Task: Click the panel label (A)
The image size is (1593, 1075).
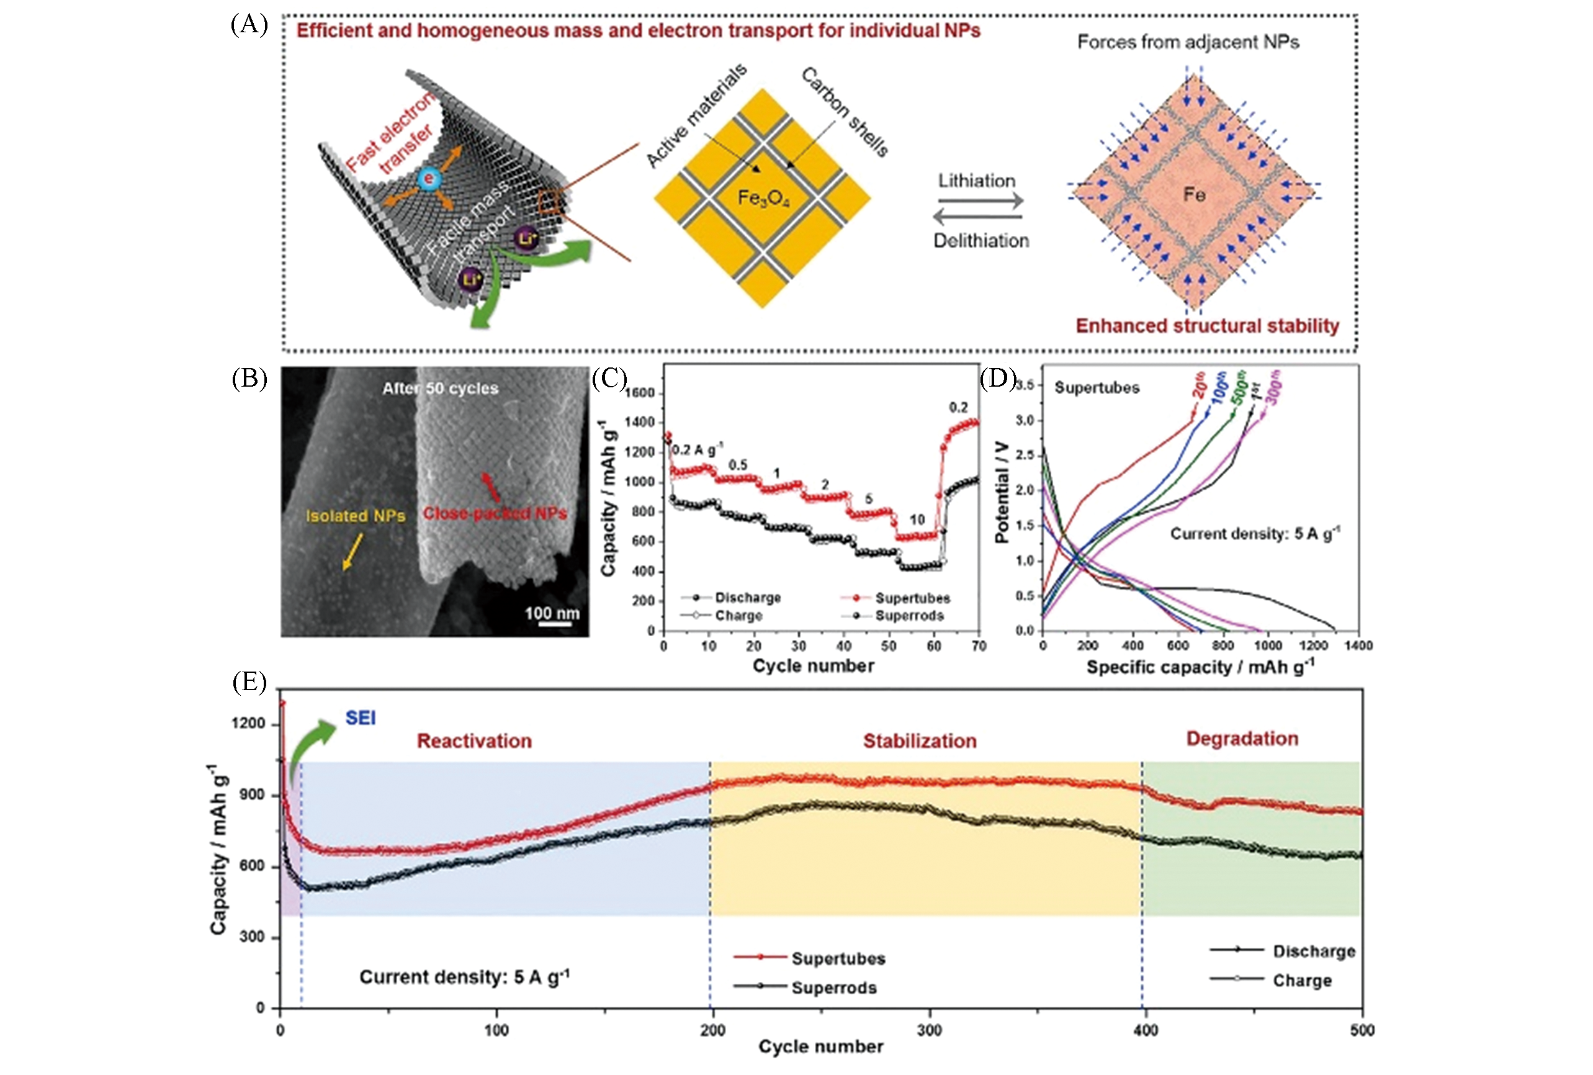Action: pyautogui.click(x=249, y=25)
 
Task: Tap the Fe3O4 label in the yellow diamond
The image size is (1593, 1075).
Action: pyautogui.click(x=763, y=198)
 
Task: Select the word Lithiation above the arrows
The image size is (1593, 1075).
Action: pyautogui.click(x=976, y=181)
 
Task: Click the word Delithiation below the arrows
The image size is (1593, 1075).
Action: pyautogui.click(x=981, y=241)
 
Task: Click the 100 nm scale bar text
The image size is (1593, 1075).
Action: pyautogui.click(x=552, y=613)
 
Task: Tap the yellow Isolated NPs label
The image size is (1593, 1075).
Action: pyautogui.click(x=355, y=516)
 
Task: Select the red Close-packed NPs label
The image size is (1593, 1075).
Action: pyautogui.click(x=494, y=513)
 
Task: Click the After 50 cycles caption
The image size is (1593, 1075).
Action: pyautogui.click(x=440, y=388)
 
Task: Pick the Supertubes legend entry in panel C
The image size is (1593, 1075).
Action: pyautogui.click(x=912, y=598)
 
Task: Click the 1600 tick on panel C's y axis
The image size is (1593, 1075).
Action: pyautogui.click(x=640, y=393)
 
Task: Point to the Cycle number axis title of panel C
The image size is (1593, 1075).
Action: pyautogui.click(x=813, y=666)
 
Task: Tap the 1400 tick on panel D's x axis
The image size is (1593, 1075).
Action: pyautogui.click(x=1358, y=645)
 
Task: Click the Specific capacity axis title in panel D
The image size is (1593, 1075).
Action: pyautogui.click(x=1200, y=667)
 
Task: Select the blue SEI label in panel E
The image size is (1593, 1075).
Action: pyautogui.click(x=361, y=718)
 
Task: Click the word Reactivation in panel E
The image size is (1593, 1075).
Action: pyautogui.click(x=474, y=740)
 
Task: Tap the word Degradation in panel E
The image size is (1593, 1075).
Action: pyautogui.click(x=1242, y=739)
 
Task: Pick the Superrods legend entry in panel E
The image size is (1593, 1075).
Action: pyautogui.click(x=833, y=987)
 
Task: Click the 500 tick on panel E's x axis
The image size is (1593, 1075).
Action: pyautogui.click(x=1362, y=1030)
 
